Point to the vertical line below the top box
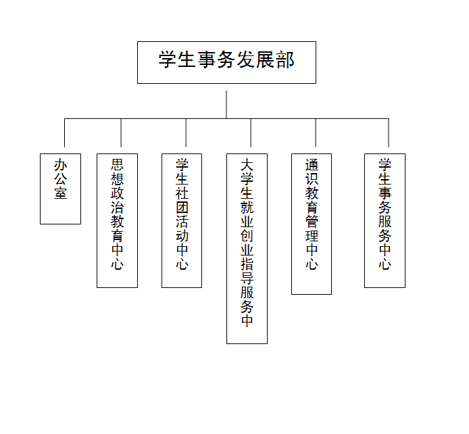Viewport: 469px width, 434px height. coord(226,105)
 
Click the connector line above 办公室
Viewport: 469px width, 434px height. coord(65,132)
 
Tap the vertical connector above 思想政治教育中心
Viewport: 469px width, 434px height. coord(121,132)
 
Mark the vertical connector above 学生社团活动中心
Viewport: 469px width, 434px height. coord(186,132)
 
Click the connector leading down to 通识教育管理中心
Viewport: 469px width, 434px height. coord(316,132)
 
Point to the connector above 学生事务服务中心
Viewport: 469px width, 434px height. coord(389,132)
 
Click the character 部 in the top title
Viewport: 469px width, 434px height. coord(286,59)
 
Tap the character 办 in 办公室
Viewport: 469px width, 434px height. coord(60,164)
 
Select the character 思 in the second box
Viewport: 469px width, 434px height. coord(118,164)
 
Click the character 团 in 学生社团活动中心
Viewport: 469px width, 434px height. coord(182,208)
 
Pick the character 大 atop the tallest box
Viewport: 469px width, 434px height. coord(247,164)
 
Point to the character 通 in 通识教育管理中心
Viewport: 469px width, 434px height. coord(312,164)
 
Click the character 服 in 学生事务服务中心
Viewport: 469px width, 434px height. coord(385,221)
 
